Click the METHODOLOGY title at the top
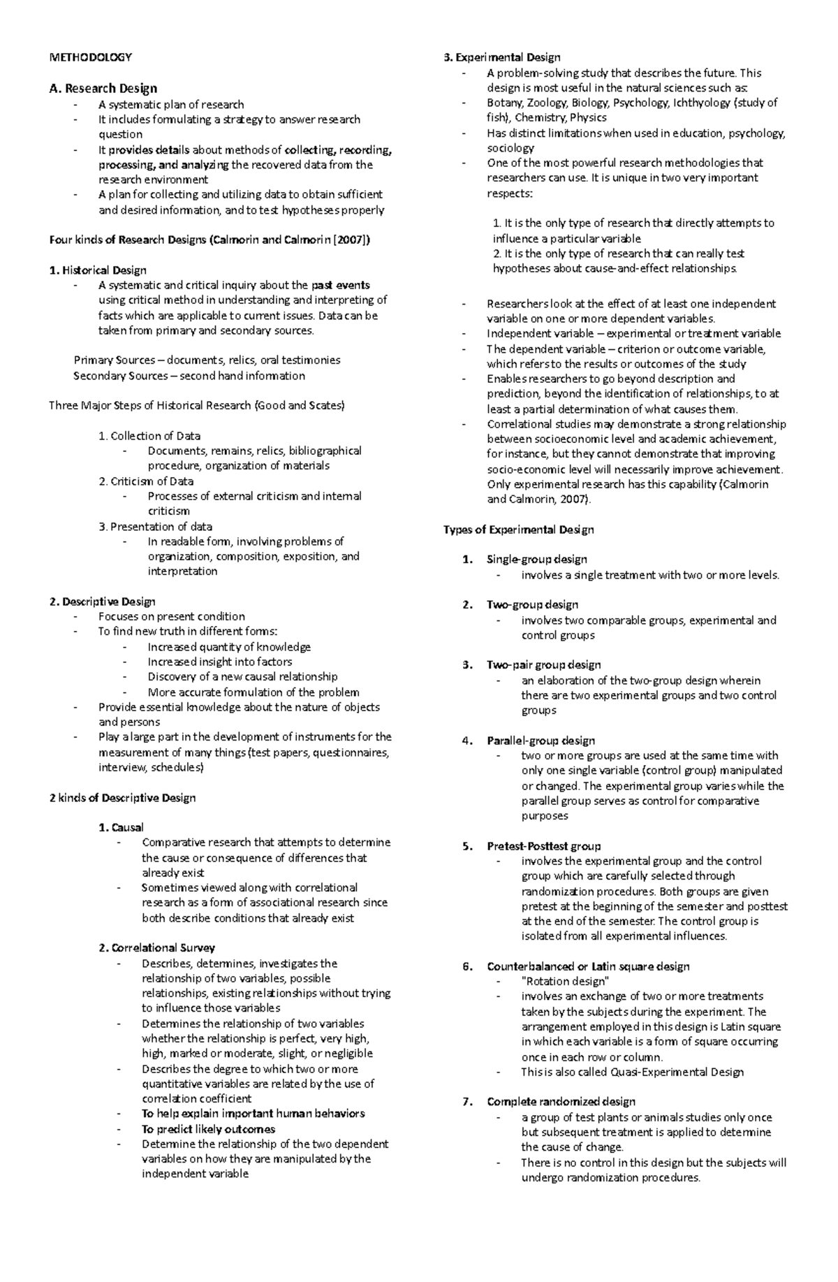pos(90,57)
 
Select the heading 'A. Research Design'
pos(103,88)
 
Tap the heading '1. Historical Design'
pos(98,270)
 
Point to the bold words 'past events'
pos(341,285)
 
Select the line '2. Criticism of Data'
pos(146,481)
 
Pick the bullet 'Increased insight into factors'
pos(219,662)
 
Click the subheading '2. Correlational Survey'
pos(156,948)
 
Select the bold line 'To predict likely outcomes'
pos(208,1130)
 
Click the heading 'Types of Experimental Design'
pos(518,530)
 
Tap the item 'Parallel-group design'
pos(541,741)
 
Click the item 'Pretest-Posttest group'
pos(543,846)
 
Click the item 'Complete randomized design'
pos(561,1102)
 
